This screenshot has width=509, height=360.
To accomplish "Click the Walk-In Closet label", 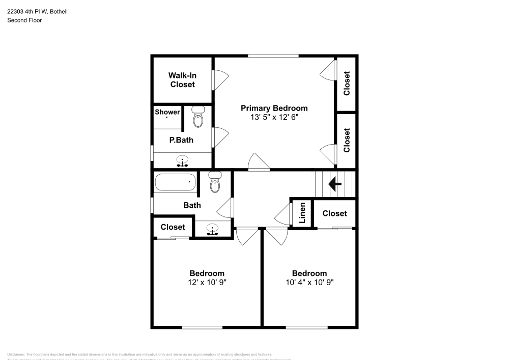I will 182,80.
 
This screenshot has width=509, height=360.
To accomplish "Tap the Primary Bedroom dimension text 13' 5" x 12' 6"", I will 274,117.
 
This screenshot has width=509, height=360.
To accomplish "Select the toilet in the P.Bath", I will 197,117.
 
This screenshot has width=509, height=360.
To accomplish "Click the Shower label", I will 167,112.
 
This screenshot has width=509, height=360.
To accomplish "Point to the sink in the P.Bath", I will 182,162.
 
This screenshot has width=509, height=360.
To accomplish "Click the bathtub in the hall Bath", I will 176,182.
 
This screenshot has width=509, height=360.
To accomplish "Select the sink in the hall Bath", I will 213,229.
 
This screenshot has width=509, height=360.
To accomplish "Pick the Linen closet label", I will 302,213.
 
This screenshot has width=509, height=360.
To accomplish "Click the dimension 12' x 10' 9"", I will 207,282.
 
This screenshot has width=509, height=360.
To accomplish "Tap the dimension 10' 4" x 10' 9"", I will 309,282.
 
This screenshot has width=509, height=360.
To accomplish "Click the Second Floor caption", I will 24,20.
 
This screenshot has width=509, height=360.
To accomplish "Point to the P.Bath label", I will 181,140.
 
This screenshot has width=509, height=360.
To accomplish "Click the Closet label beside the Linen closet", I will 334,213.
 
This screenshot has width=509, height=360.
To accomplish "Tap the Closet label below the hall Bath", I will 173,227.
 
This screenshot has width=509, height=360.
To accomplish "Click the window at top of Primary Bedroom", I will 273,56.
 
